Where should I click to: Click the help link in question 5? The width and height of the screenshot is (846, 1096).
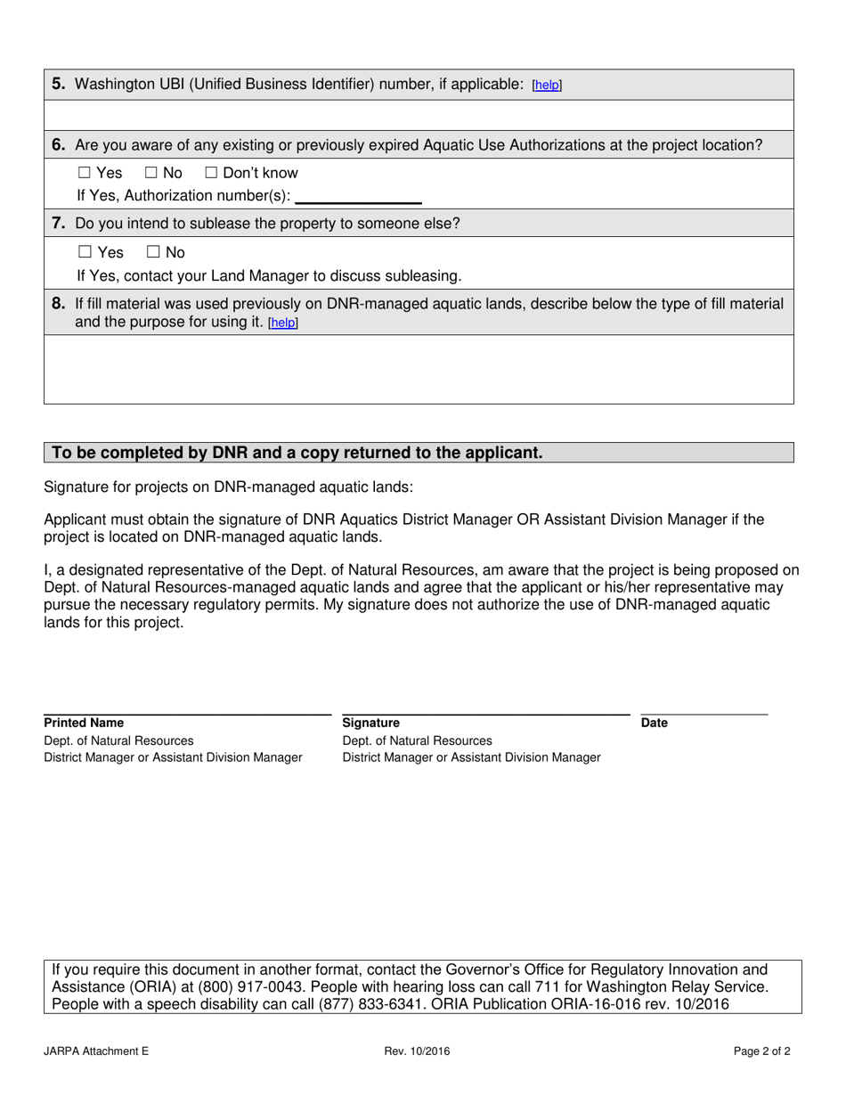click(x=547, y=86)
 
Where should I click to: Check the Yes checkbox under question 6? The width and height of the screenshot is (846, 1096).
click(x=85, y=173)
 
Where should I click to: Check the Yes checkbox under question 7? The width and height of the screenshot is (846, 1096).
click(x=85, y=252)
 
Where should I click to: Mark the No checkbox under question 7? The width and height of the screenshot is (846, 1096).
click(x=152, y=252)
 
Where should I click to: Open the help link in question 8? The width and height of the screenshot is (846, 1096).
click(x=283, y=323)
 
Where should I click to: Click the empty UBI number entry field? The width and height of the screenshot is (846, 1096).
click(x=419, y=115)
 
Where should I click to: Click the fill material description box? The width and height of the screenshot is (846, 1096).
click(x=419, y=369)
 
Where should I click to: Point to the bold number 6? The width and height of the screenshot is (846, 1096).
click(x=58, y=144)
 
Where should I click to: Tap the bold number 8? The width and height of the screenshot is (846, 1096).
click(x=58, y=304)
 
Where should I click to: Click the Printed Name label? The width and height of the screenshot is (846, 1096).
click(x=85, y=723)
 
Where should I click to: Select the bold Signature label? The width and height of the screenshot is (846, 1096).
click(x=371, y=723)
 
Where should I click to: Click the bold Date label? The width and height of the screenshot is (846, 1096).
click(x=654, y=723)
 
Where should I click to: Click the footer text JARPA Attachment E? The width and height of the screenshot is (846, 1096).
click(x=96, y=1051)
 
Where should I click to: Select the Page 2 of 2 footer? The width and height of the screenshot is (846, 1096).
click(x=762, y=1051)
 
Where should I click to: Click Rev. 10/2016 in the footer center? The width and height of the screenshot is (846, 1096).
click(x=417, y=1051)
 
